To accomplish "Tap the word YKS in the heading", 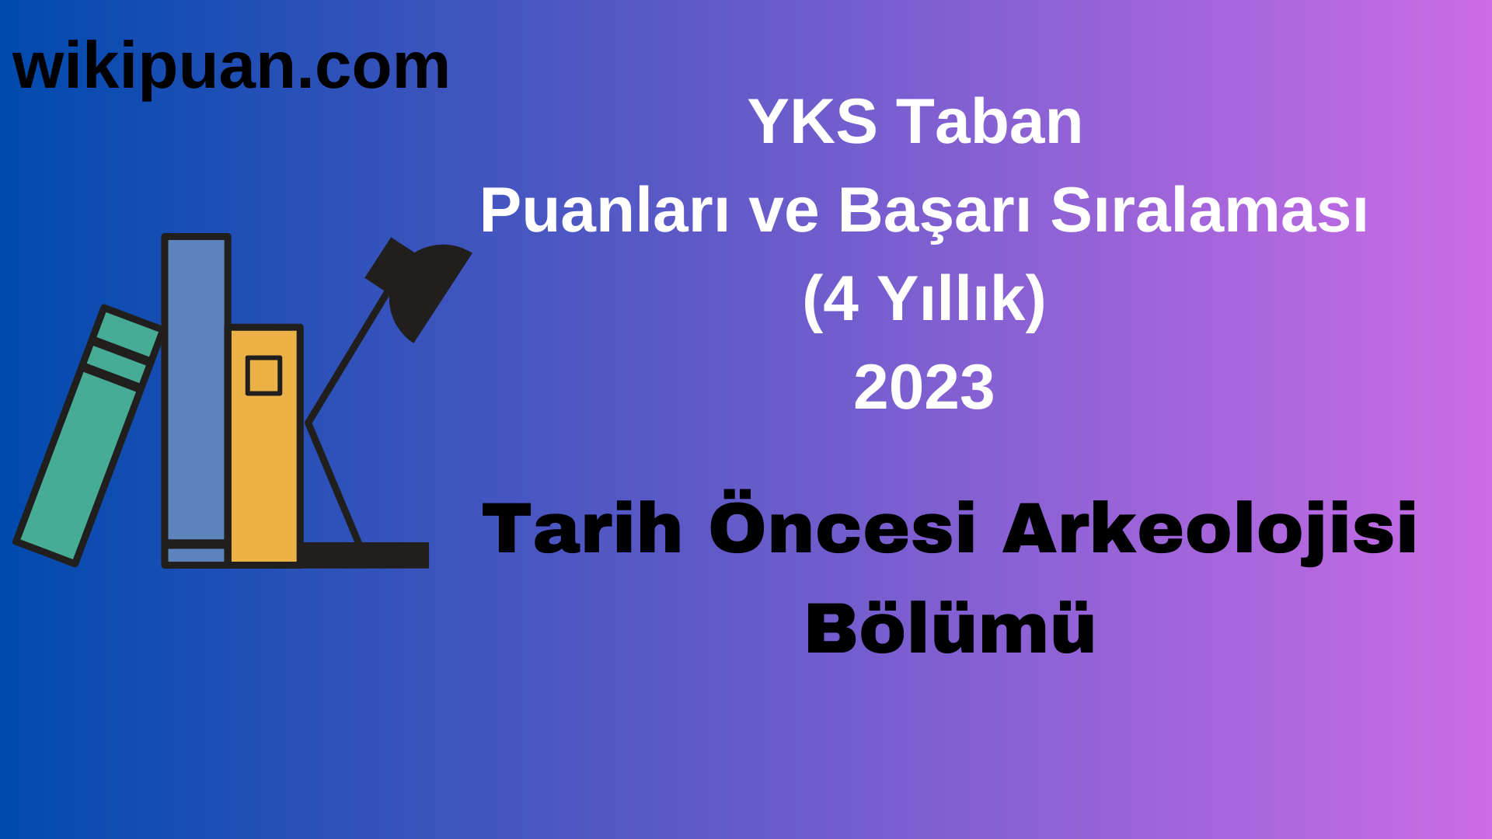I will (812, 122).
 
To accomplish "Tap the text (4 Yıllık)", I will (923, 299).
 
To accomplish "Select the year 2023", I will (923, 388).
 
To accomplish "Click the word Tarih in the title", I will (581, 530).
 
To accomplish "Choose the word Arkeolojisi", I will (1209, 530).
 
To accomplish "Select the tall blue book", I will (196, 388).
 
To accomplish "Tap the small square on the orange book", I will (263, 376).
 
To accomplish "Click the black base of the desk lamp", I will (365, 555).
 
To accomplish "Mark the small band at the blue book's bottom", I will (196, 555).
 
